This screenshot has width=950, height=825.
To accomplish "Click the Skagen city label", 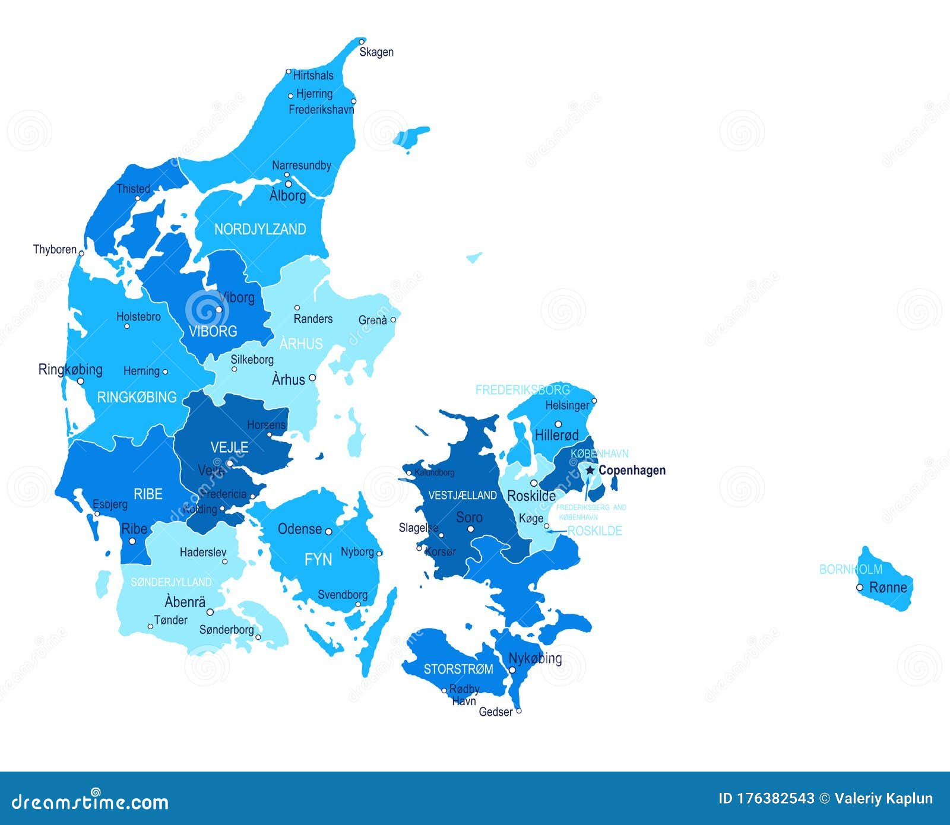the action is click(x=376, y=52).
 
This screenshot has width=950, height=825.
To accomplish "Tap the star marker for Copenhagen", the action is click(x=590, y=470).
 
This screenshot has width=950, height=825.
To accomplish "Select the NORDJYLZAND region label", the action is click(x=260, y=229).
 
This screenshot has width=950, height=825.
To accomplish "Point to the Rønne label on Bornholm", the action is click(x=888, y=588).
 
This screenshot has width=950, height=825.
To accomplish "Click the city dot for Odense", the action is click(x=328, y=531).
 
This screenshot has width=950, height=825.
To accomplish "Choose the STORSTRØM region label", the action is click(x=458, y=669).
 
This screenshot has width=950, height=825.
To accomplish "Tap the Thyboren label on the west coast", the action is click(x=55, y=249).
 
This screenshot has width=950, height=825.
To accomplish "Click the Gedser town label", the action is click(x=496, y=712).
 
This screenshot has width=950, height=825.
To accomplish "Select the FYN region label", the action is click(x=318, y=559).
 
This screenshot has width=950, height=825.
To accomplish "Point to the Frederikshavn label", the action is click(x=321, y=109).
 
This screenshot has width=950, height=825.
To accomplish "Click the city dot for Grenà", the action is click(x=392, y=319).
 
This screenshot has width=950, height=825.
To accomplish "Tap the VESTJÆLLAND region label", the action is click(x=463, y=495).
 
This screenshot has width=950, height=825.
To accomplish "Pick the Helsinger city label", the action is click(x=568, y=405).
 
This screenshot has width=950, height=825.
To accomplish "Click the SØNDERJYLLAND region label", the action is click(x=171, y=582).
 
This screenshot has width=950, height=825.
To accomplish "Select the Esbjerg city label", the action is click(x=110, y=504).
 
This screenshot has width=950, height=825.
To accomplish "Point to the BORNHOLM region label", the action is click(x=851, y=569).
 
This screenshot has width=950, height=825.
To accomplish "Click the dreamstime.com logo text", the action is click(x=90, y=802).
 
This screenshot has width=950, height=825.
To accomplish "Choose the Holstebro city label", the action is click(x=138, y=317).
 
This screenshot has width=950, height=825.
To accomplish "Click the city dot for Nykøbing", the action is click(x=512, y=670).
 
